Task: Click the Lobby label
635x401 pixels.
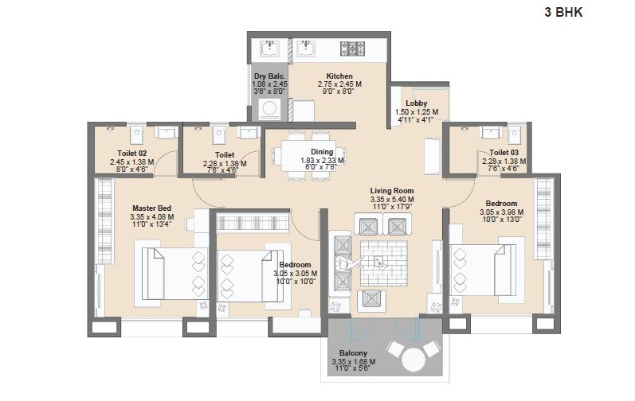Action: [x=416, y=103]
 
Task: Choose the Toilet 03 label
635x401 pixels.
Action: [x=504, y=152]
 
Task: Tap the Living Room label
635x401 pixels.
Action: [x=391, y=191]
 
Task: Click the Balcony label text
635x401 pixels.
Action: [x=354, y=353]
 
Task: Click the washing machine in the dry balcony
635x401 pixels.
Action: [x=273, y=107]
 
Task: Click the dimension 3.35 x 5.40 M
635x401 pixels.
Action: [x=391, y=200]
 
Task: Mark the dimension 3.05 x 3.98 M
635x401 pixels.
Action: [x=503, y=212]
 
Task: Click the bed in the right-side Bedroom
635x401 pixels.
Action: [x=477, y=268]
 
